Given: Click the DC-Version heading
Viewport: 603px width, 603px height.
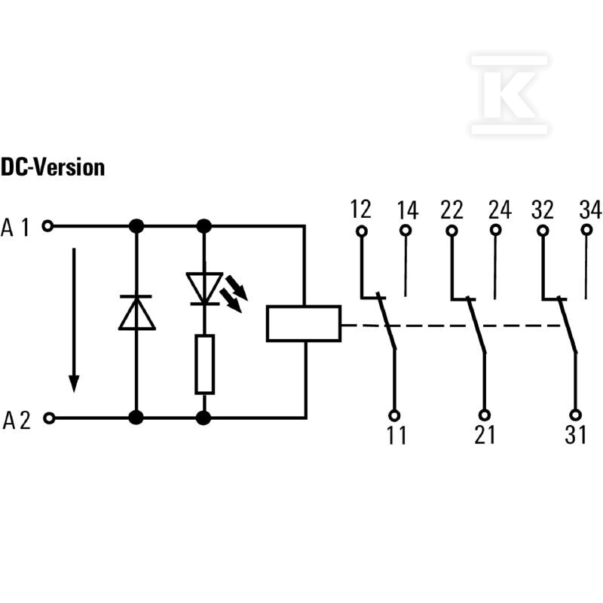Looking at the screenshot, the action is point(53,167).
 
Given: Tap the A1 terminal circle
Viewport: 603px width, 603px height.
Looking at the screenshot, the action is point(47,226).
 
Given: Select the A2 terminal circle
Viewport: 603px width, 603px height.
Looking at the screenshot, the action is point(49,418).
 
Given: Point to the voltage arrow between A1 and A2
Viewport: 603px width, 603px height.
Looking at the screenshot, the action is point(74,320).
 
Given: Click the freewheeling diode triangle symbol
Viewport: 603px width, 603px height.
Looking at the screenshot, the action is point(137,313).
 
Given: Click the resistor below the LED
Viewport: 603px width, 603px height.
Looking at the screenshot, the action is point(204,365).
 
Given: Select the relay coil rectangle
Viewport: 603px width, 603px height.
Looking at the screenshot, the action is point(304,324).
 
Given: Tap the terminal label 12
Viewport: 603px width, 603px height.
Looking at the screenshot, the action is point(360,210).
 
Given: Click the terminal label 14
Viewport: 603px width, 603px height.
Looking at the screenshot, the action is point(408,210).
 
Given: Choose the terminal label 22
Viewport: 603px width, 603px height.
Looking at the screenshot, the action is point(451,210).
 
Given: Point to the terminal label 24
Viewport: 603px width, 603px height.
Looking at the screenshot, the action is point(500,210).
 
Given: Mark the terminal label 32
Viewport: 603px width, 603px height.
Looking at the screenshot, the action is point(543,210).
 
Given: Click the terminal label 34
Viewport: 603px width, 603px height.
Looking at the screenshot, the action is point(590,210).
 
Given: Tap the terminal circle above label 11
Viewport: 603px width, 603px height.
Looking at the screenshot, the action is point(394,415).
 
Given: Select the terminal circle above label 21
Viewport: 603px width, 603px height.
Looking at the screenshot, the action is point(485,415).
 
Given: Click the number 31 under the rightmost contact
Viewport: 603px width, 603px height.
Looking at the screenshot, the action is point(576,435).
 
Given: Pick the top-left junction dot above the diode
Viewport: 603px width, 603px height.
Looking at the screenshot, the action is point(136,226).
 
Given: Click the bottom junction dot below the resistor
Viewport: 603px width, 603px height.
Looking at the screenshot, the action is point(204,418).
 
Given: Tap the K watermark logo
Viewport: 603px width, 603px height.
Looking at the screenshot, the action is point(510,95).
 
